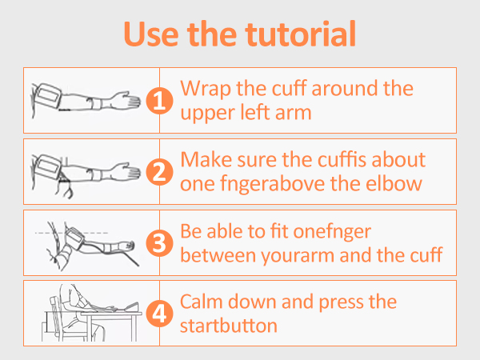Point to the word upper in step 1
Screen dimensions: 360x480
click(206, 113)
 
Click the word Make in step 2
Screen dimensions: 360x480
click(204, 158)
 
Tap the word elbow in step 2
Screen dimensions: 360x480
click(400, 183)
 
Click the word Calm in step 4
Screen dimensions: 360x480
click(202, 302)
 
